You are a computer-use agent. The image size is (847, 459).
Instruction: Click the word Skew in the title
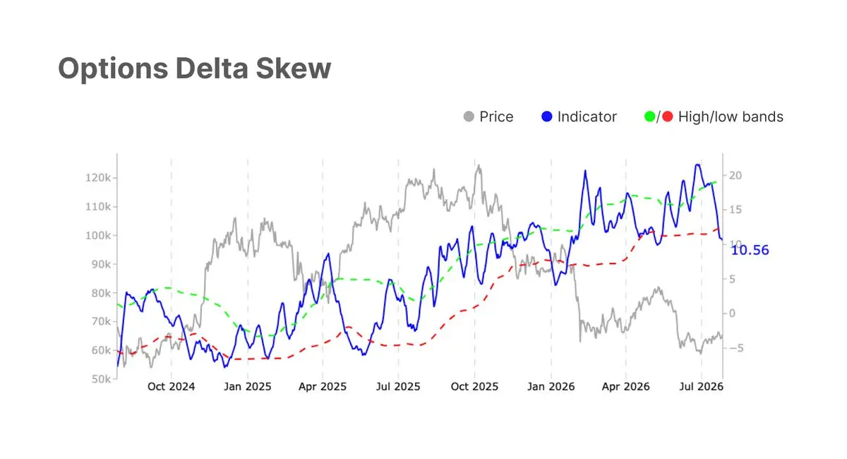pos(293,68)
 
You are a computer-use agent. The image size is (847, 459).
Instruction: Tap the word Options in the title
pos(113,69)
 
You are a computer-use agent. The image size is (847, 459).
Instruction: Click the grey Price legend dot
pos(469,117)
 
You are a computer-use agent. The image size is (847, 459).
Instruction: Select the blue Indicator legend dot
pos(547,117)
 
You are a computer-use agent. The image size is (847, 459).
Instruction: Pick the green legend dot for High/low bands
pos(649,117)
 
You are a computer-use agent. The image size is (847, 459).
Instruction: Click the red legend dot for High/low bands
pos(668,117)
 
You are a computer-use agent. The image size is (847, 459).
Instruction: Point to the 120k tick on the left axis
pos(98,177)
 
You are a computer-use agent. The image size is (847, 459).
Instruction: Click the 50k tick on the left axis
pos(102,378)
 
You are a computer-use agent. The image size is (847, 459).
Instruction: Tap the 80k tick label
pos(102,293)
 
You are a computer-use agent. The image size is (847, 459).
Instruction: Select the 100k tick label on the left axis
pos(98,235)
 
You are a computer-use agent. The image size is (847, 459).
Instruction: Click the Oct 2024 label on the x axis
pos(172,386)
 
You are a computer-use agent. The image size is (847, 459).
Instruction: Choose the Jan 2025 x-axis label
pos(248,386)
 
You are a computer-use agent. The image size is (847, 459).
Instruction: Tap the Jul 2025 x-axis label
pos(398,386)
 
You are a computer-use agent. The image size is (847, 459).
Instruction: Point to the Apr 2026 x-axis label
pos(626,386)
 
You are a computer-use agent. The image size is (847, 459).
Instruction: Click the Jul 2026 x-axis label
pos(702,386)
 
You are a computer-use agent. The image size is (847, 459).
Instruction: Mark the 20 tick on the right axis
pos(735,176)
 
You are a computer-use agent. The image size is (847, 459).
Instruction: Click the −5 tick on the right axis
pos(736,347)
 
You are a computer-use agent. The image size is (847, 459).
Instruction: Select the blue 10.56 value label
pos(750,250)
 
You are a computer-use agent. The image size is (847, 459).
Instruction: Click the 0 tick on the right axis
pos(733,314)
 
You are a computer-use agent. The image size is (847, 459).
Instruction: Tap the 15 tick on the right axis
pos(735,210)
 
